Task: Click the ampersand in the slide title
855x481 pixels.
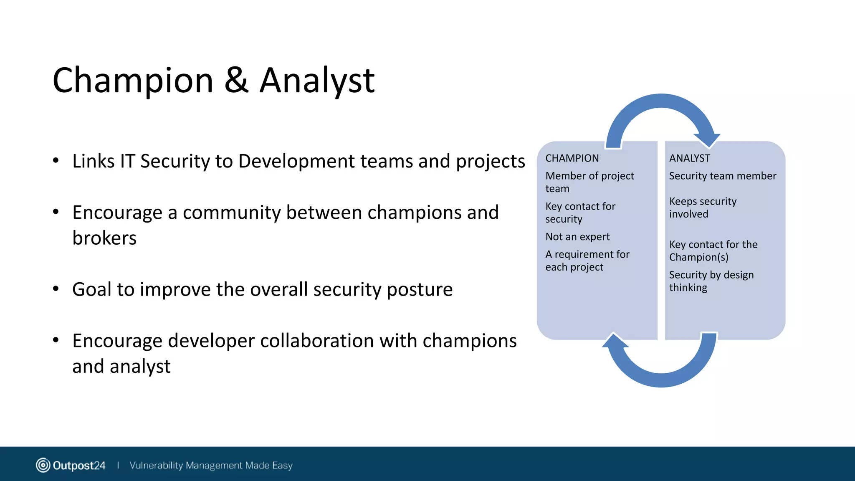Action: [236, 80]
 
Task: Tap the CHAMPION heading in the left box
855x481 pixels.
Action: [572, 158]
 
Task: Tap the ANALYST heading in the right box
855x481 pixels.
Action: [689, 158]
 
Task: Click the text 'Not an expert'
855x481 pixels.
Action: [577, 237]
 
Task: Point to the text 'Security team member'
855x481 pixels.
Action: [722, 176]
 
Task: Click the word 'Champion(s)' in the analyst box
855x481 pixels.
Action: [698, 257]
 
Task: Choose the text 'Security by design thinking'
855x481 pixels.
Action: [711, 281]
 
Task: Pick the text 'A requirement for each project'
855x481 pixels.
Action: [587, 261]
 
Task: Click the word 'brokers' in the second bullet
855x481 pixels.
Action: [104, 238]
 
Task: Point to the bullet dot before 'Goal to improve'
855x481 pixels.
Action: [56, 289]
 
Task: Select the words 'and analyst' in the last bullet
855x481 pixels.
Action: [121, 366]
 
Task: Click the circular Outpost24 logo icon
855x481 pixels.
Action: [43, 465]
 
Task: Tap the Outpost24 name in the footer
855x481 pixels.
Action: [79, 466]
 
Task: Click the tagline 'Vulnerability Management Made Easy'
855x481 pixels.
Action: [211, 465]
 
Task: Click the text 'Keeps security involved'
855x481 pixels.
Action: [703, 208]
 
